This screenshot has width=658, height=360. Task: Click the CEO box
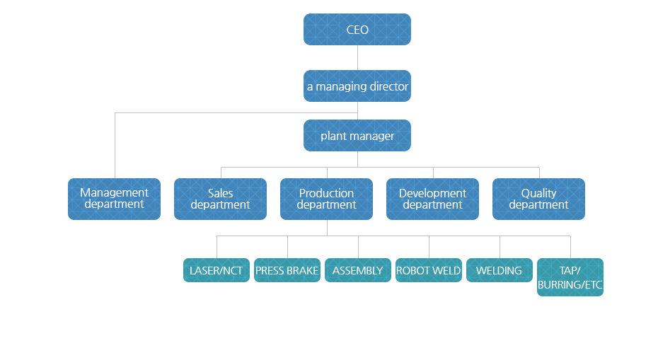click(x=357, y=30)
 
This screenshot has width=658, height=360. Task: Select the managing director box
click(x=357, y=86)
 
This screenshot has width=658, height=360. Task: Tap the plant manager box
click(x=357, y=136)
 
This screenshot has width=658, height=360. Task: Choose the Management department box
click(x=114, y=199)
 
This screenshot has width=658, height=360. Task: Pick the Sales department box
click(x=220, y=199)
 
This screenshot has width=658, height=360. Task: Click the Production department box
click(x=326, y=199)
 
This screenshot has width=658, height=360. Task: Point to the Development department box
click(x=432, y=199)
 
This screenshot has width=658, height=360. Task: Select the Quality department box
click(x=539, y=199)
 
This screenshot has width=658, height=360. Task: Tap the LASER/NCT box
click(x=217, y=270)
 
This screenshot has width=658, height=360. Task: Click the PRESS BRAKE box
click(x=287, y=270)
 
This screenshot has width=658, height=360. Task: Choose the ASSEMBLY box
click(x=358, y=270)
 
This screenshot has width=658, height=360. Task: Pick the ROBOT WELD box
click(x=429, y=270)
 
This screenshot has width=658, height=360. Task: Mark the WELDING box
click(x=500, y=270)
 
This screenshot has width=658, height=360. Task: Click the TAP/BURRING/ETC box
click(x=570, y=277)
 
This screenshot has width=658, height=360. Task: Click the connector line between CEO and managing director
click(x=357, y=57)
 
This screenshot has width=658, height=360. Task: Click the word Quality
click(x=539, y=193)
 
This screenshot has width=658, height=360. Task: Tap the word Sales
click(x=220, y=193)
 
